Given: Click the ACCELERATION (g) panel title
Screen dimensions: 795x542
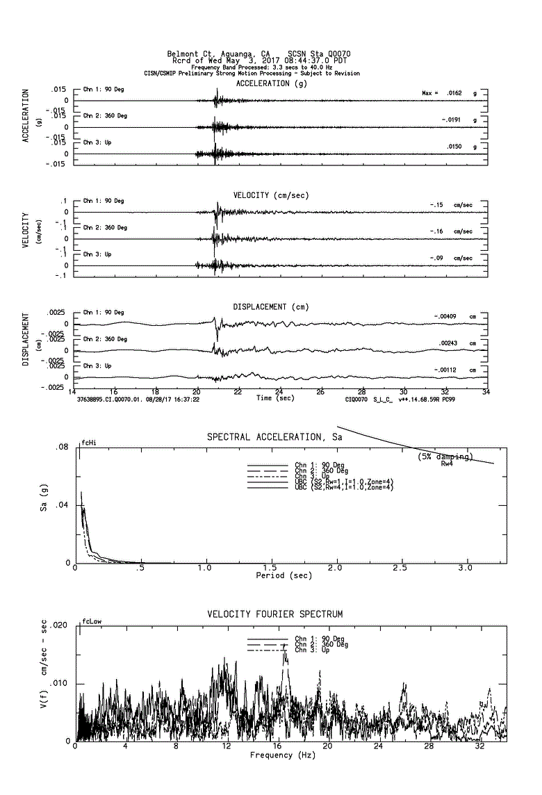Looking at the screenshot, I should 271,83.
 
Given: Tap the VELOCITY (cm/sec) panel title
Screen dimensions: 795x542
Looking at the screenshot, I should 271,195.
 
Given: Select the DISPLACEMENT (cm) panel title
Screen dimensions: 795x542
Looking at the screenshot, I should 271,306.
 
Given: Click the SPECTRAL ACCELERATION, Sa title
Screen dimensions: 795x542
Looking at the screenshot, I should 274,437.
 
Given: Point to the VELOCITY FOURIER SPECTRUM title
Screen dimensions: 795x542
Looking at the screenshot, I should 274,614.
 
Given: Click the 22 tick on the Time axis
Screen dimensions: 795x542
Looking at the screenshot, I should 238,392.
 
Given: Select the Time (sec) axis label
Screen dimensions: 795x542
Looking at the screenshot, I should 275,398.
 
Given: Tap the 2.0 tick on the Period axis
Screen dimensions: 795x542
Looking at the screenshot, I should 337,568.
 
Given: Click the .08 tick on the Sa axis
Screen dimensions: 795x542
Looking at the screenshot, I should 63,448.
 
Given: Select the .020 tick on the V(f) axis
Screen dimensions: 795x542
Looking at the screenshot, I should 60,626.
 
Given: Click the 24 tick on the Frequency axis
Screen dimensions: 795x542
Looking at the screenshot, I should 378,747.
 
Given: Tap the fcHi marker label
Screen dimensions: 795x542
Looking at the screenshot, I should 88,443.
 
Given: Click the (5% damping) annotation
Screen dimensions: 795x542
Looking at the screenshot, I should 445,457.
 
